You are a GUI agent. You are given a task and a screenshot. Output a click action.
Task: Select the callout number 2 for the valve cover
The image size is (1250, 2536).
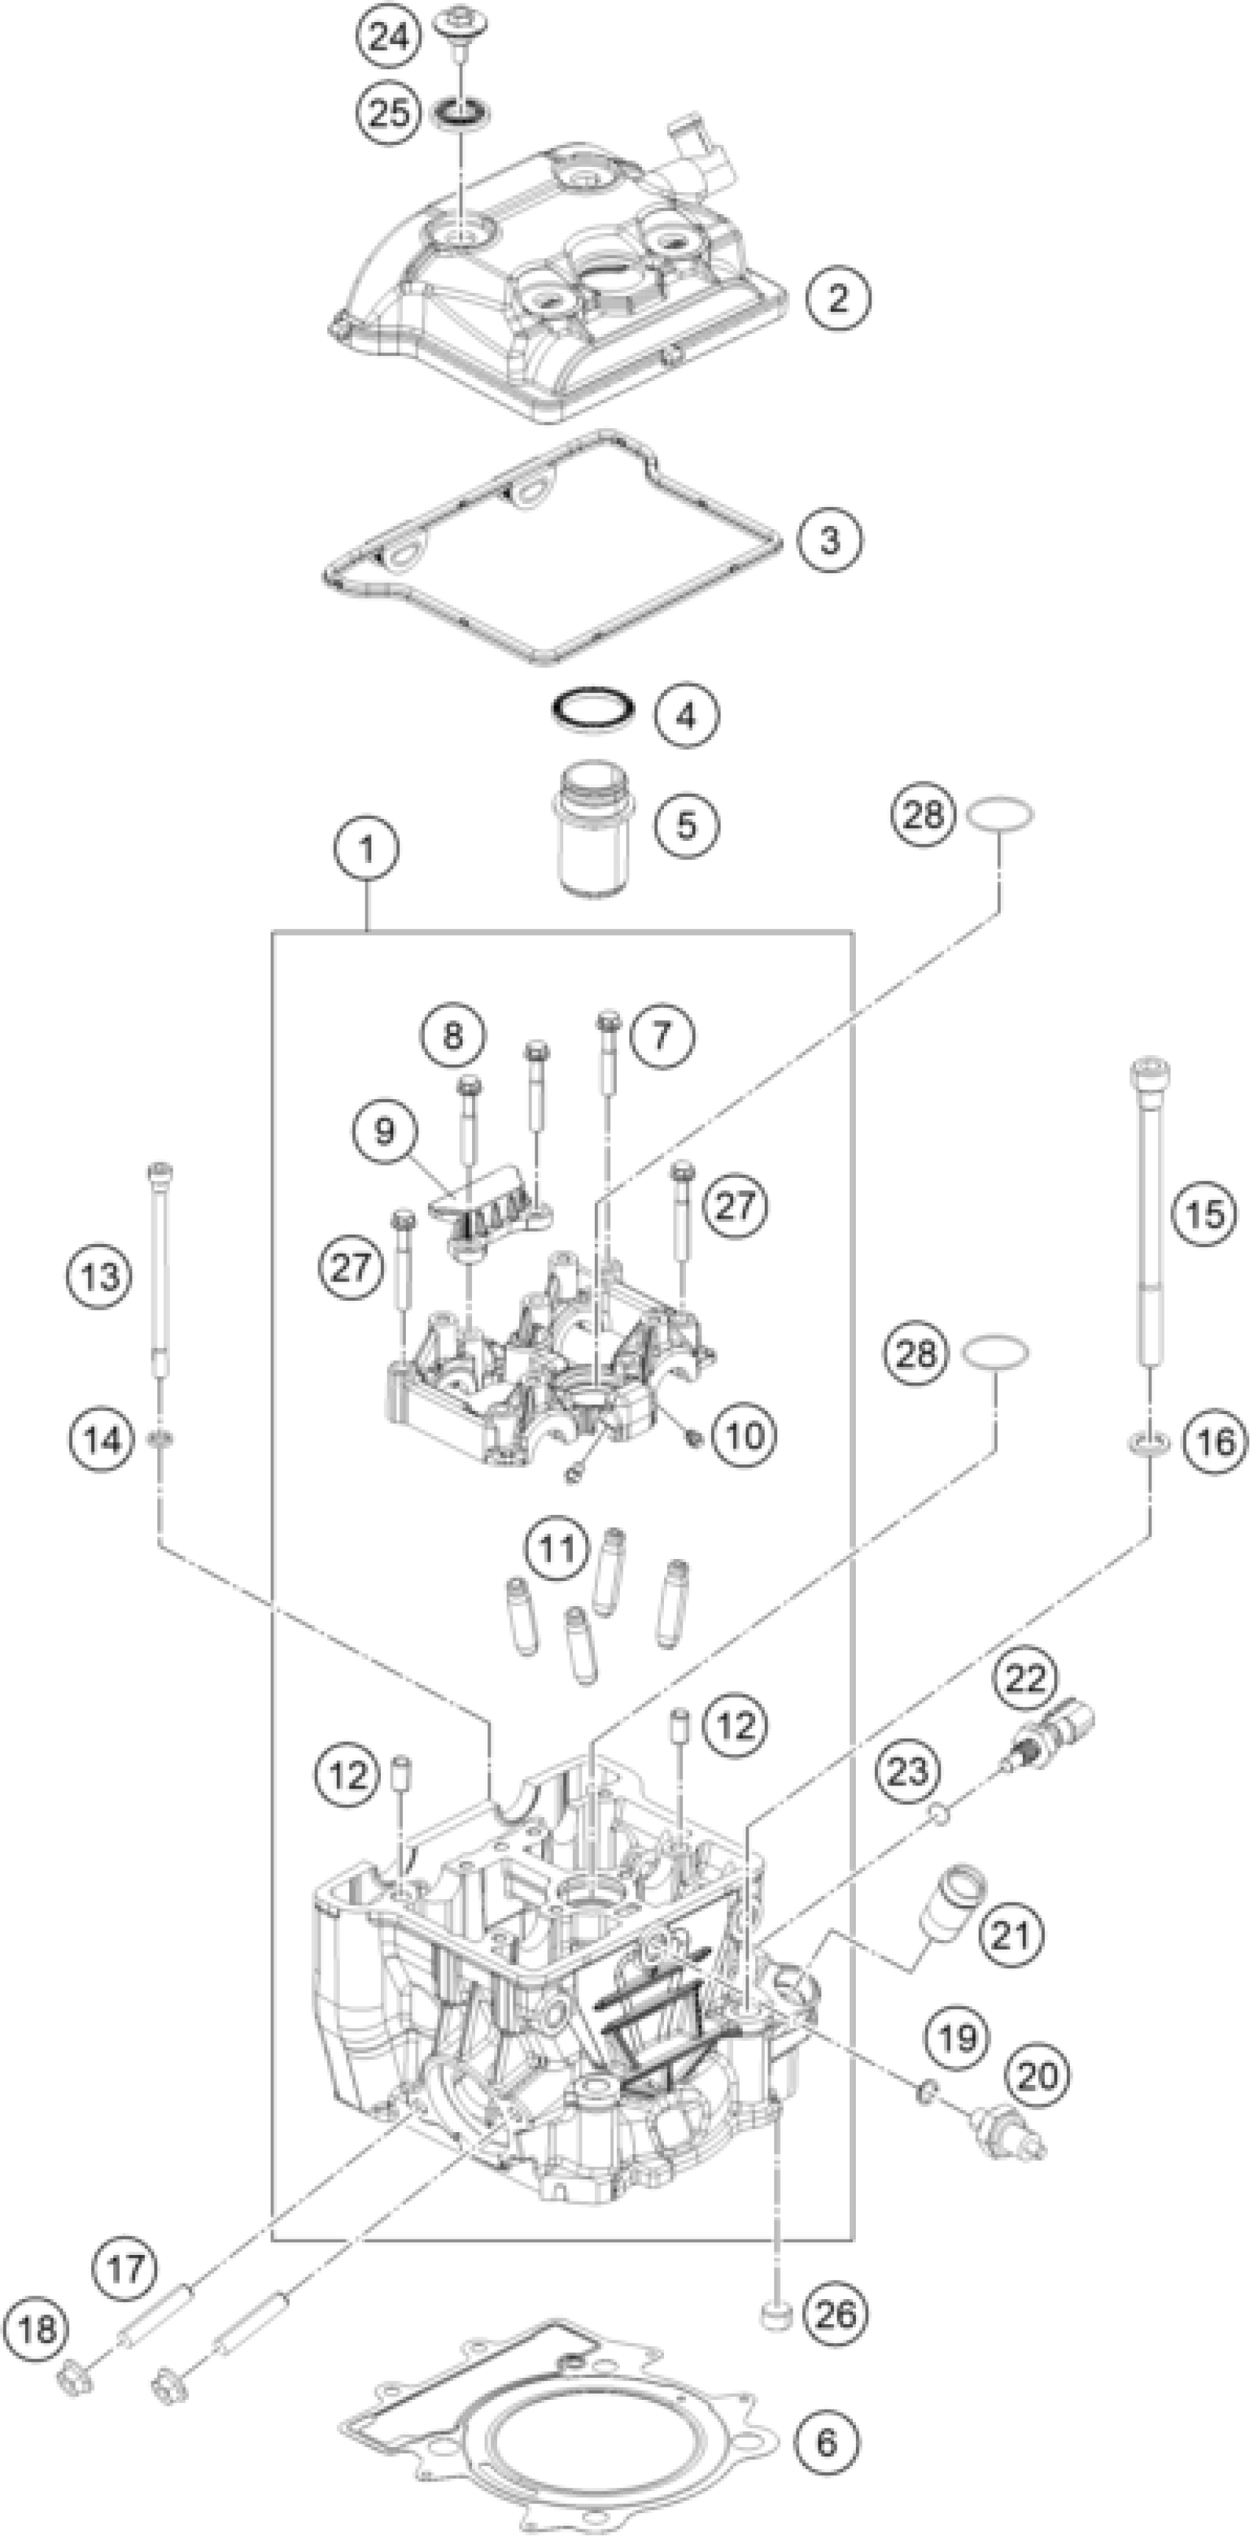(x=838, y=297)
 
